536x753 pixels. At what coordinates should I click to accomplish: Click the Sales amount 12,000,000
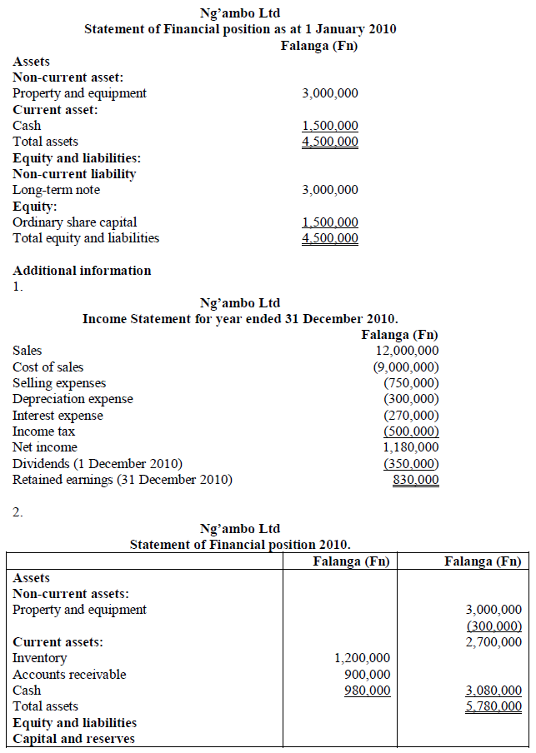click(x=407, y=351)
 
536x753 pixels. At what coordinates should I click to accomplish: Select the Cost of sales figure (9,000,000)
click(x=406, y=367)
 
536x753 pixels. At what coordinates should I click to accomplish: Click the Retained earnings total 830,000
click(x=416, y=480)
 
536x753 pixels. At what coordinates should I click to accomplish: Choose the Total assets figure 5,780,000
click(x=493, y=706)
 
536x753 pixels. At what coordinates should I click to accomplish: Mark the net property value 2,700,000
click(x=493, y=642)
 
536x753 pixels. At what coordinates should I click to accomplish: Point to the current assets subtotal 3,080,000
click(x=493, y=691)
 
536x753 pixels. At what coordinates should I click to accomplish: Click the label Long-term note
click(x=56, y=190)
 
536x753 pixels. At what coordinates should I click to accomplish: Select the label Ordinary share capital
click(x=74, y=222)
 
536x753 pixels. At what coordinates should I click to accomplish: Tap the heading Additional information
click(x=82, y=271)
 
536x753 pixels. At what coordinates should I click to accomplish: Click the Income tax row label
click(x=43, y=431)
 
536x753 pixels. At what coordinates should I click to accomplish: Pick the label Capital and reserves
click(x=73, y=739)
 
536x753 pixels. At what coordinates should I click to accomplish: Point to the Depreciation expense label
click(x=73, y=399)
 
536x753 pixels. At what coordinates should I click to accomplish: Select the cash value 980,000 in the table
click(x=367, y=691)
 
